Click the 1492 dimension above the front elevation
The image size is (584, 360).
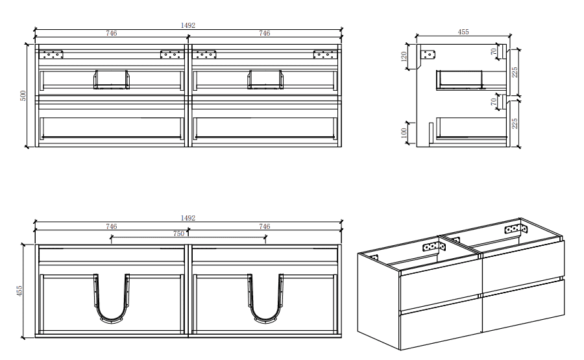point(188,25)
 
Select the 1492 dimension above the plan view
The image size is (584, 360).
point(188,218)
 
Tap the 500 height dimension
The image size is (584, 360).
point(23,96)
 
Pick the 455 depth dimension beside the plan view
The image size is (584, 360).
point(20,290)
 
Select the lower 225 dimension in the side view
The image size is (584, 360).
point(515,123)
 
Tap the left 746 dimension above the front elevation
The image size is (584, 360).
point(112,33)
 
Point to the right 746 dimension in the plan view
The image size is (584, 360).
point(264,226)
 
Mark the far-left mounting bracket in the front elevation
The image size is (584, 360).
point(52,54)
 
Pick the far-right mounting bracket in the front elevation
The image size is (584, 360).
point(324,54)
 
